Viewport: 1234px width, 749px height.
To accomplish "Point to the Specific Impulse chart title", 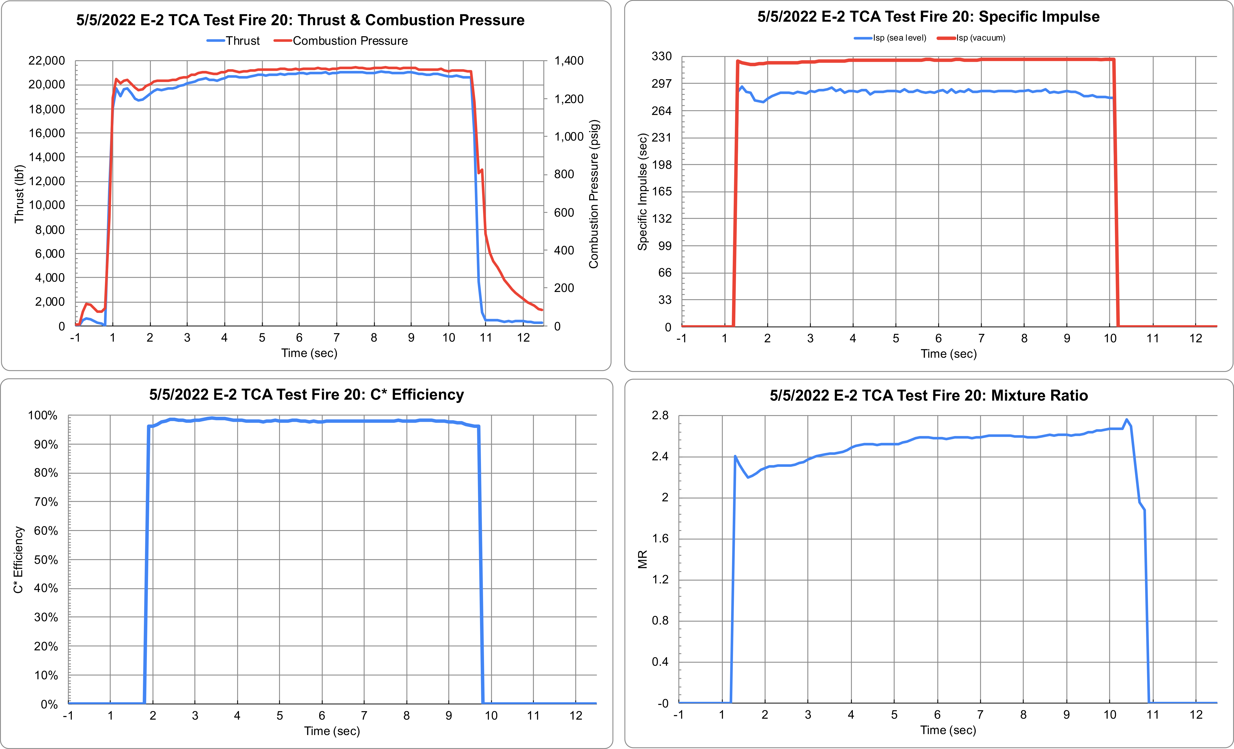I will (x=928, y=17).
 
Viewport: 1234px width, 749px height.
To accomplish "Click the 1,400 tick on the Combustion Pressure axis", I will (x=569, y=61).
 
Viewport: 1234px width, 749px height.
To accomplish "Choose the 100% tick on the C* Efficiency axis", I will (x=43, y=415).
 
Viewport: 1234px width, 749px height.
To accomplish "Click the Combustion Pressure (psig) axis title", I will (x=594, y=194).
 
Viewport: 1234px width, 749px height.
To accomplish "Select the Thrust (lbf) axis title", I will (x=19, y=194).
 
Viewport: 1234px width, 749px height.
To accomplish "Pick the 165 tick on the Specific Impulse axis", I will (x=661, y=191).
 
